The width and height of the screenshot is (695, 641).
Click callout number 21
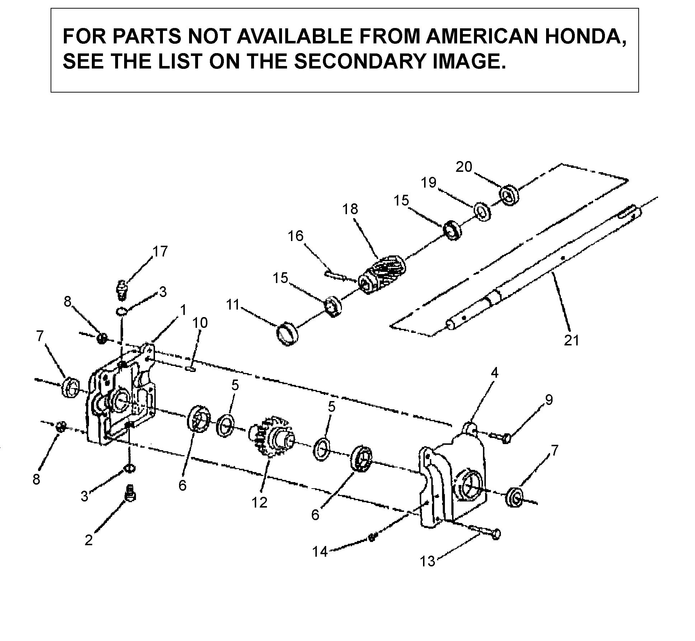(572, 339)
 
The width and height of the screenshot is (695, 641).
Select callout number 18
(350, 209)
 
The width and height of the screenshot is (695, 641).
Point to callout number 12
(259, 503)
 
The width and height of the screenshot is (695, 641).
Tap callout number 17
(160, 251)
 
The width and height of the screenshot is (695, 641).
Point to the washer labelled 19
(482, 211)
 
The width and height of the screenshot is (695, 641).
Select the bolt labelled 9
(500, 437)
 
